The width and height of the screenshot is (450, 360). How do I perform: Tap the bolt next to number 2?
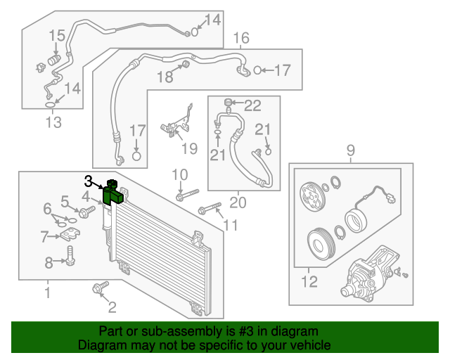98,288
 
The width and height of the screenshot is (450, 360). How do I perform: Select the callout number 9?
349,149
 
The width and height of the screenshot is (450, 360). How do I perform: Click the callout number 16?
240,37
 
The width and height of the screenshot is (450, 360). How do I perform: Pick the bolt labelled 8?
70,257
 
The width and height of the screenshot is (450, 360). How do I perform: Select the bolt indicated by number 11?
210,208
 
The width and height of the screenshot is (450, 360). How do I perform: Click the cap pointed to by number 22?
229,105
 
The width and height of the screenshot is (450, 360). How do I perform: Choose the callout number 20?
238,204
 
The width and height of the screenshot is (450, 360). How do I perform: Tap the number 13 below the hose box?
53,123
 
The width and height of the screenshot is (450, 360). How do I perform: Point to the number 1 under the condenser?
48,290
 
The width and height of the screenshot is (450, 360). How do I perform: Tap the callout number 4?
85,196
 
